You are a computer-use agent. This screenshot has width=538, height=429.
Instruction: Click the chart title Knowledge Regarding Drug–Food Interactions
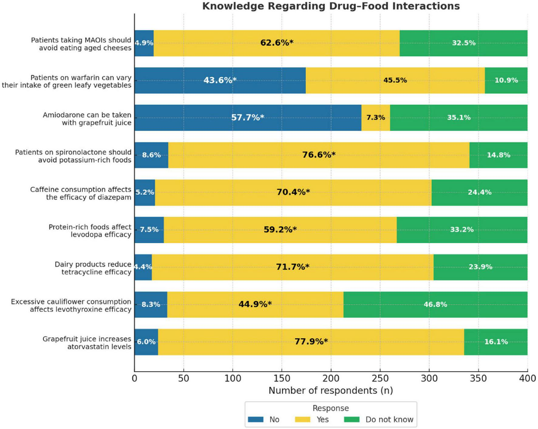pos(331,6)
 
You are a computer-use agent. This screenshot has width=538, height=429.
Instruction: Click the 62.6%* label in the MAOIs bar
pos(277,43)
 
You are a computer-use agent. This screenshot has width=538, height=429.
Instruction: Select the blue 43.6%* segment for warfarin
pos(220,80)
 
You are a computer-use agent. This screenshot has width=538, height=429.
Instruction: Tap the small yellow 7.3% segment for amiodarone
pos(376,118)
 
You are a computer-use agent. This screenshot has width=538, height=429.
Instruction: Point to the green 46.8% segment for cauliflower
pos(435,304)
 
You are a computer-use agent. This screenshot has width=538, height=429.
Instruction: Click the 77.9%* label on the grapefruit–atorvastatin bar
pos(311,342)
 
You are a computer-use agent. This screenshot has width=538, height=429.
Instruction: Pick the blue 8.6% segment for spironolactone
pos(151,155)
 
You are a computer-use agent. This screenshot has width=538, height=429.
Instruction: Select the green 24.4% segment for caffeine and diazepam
pos(479,192)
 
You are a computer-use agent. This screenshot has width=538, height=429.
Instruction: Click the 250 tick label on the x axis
pos(380,379)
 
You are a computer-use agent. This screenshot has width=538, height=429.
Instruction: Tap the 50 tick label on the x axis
pos(183,379)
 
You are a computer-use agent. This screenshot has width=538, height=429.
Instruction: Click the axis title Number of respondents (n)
pos(331,391)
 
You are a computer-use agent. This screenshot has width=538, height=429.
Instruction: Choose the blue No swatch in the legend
pos(255,420)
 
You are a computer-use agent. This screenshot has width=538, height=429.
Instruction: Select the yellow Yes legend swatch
pos(302,420)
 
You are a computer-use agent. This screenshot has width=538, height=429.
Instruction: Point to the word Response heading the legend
pos(331,408)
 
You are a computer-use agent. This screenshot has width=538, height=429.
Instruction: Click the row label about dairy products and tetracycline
pos(93,268)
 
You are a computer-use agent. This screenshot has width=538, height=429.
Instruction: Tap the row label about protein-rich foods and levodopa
pos(90,231)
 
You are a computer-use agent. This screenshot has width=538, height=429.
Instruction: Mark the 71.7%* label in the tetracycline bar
pos(292,267)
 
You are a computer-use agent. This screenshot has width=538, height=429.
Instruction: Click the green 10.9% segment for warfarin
pos(506,80)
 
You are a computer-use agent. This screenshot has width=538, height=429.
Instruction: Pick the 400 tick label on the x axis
pos(527,379)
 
